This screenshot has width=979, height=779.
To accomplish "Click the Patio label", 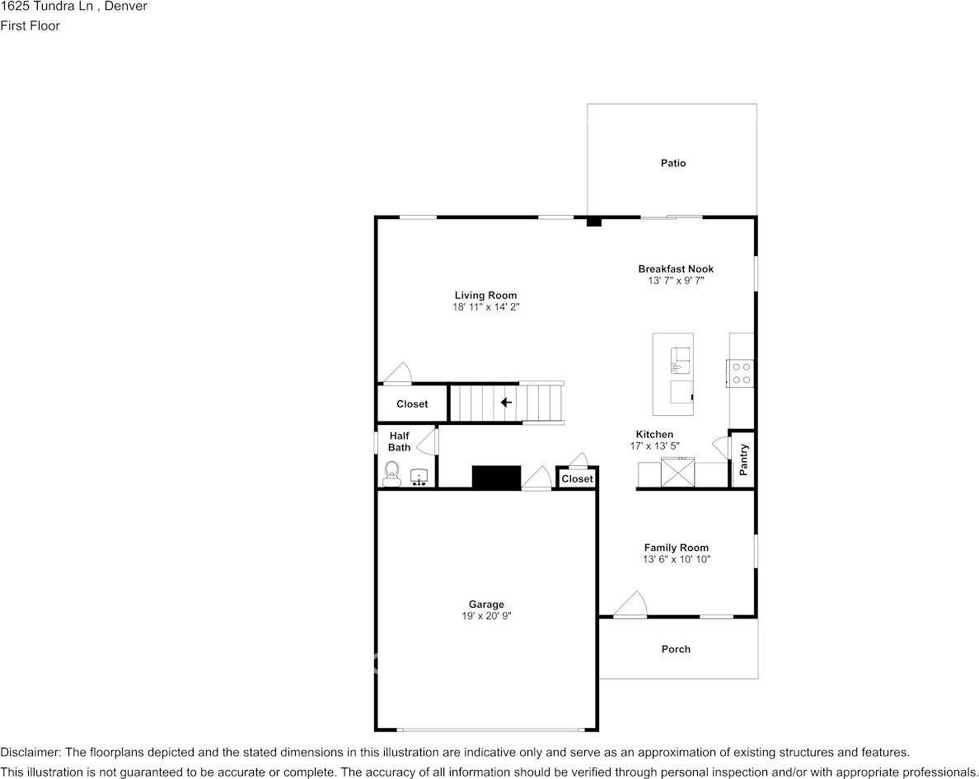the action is click(x=673, y=163).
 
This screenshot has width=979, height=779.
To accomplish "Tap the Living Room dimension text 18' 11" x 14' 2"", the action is click(x=485, y=307).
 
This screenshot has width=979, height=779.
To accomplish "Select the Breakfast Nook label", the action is click(x=676, y=268).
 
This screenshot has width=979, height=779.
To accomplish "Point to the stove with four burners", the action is click(x=741, y=373).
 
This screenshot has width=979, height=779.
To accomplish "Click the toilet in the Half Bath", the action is click(x=392, y=474).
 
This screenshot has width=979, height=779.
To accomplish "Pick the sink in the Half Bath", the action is click(x=419, y=477).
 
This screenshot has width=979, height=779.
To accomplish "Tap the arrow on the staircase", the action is click(x=506, y=403).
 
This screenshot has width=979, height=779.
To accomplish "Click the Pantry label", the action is click(x=743, y=459).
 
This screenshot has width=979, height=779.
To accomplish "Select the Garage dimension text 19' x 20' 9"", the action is click(x=485, y=616).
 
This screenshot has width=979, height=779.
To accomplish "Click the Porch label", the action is click(x=676, y=649).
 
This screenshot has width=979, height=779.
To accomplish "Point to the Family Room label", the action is click(x=677, y=548).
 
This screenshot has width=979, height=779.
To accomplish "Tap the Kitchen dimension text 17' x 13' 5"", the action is click(x=654, y=446).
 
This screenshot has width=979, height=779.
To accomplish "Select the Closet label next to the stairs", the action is click(x=412, y=404).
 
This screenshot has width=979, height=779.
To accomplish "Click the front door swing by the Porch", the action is click(x=630, y=604).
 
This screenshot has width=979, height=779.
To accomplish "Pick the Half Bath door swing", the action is click(x=426, y=441).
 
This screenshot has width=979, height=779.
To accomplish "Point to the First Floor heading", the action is click(x=30, y=26).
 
